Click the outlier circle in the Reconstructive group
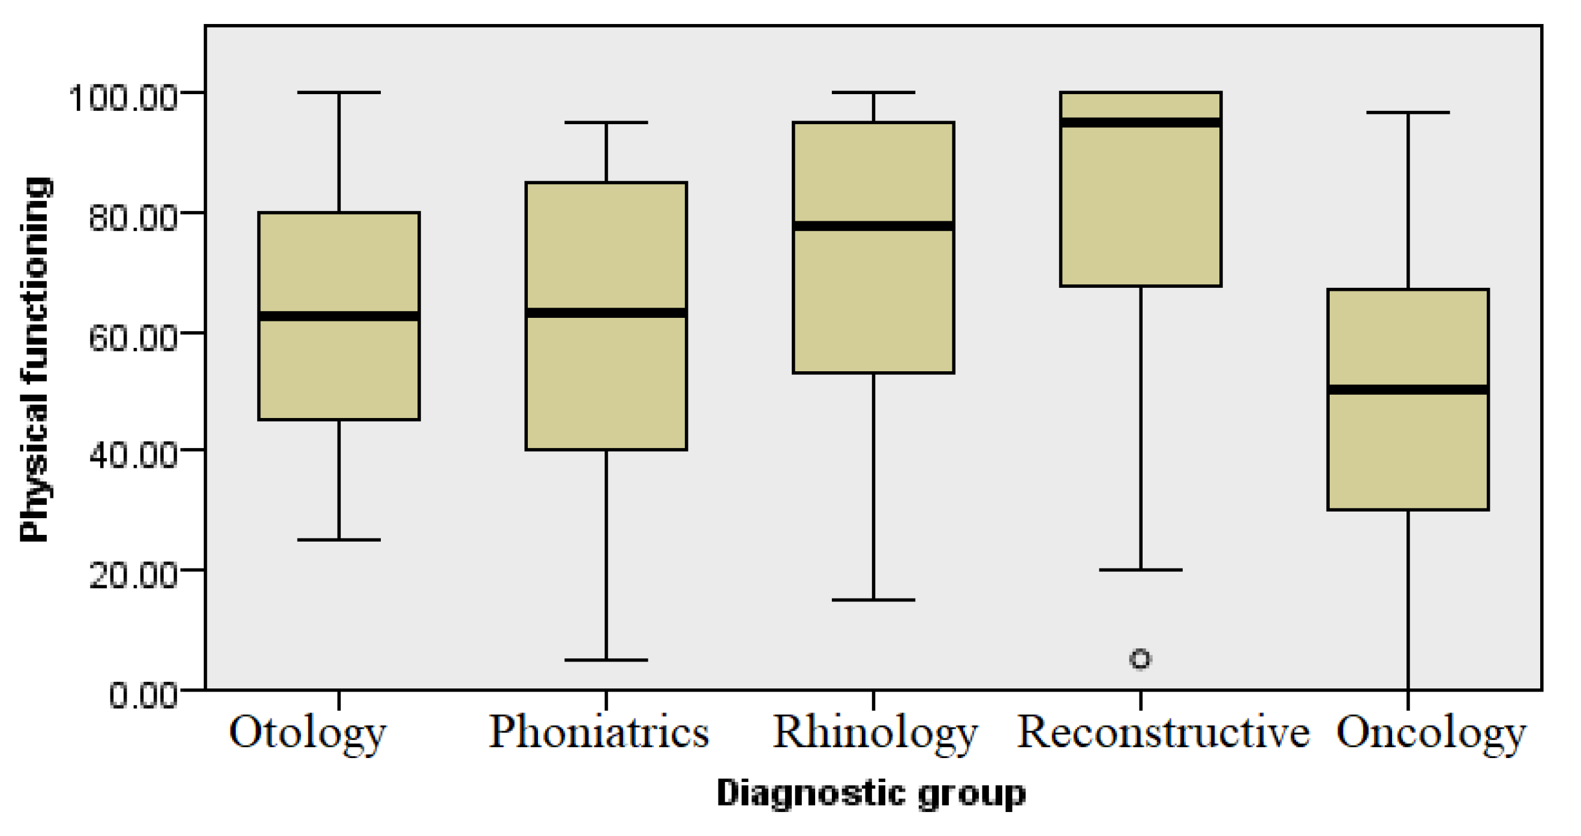pos(1140,658)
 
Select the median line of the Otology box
pos(339,316)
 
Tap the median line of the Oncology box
pos(1408,390)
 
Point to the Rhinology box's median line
pos(873,226)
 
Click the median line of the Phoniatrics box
pos(606,313)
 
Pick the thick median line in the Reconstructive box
pos(1140,123)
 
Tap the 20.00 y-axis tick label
pos(133,576)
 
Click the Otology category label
pos(308,733)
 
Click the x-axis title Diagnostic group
pos(871,793)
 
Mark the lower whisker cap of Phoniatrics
pos(606,660)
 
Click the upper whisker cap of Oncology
pos(1408,112)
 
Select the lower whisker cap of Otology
pos(339,540)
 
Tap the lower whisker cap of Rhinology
pos(873,600)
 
